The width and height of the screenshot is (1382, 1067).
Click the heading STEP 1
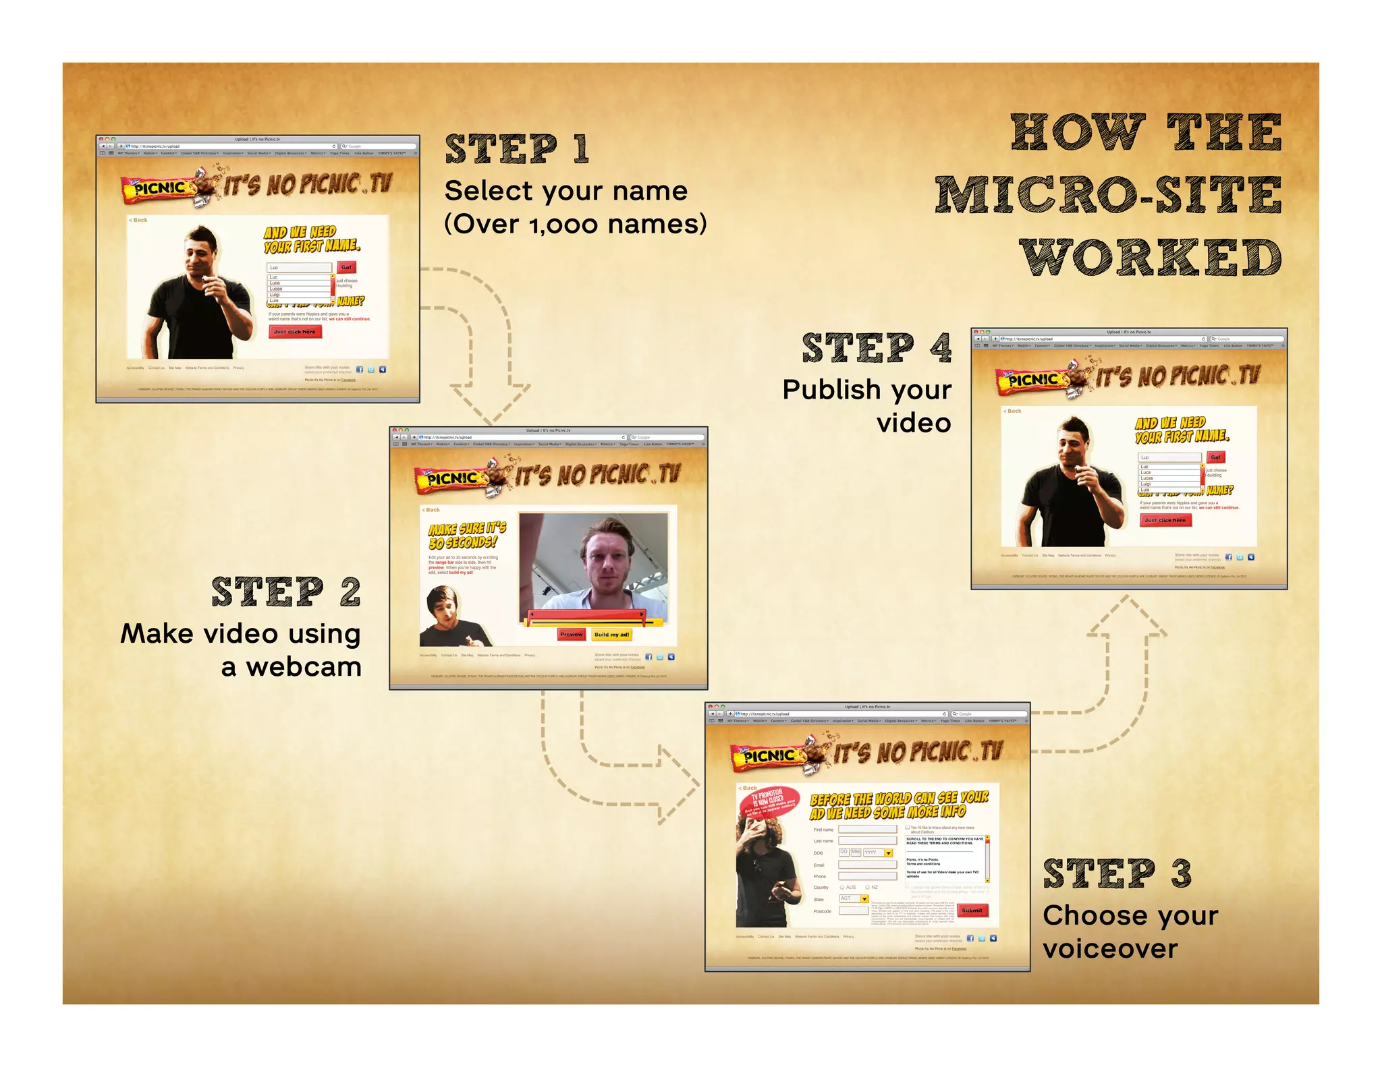(x=517, y=149)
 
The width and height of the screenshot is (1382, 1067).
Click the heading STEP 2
(x=286, y=592)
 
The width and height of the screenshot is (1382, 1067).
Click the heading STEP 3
(x=1117, y=873)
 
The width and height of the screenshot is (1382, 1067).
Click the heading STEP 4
(x=877, y=348)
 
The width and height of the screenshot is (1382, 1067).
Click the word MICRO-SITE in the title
(x=1107, y=194)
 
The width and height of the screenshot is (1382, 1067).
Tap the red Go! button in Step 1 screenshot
(x=346, y=267)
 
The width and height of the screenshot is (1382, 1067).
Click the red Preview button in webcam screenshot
(x=571, y=634)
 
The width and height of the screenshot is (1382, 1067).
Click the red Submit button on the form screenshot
(x=972, y=910)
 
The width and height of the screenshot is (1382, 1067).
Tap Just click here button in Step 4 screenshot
(x=1165, y=520)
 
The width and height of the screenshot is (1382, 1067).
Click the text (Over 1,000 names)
(x=575, y=224)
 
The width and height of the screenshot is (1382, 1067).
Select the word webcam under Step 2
(x=304, y=667)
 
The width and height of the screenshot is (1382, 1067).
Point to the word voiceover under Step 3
(x=1110, y=949)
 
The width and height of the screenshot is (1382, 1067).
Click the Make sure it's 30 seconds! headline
(x=466, y=535)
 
